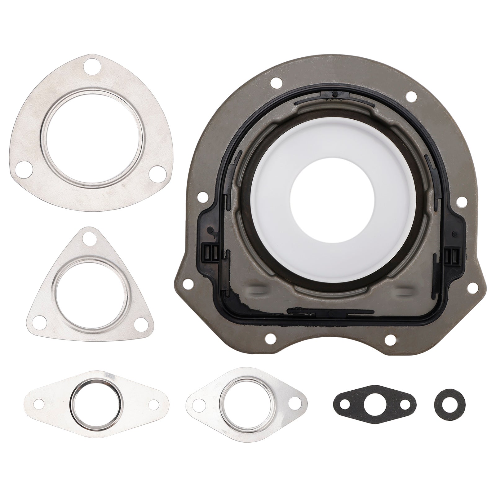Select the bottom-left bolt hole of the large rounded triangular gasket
(x=22, y=171)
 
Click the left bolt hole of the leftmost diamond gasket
(x=39, y=404)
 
